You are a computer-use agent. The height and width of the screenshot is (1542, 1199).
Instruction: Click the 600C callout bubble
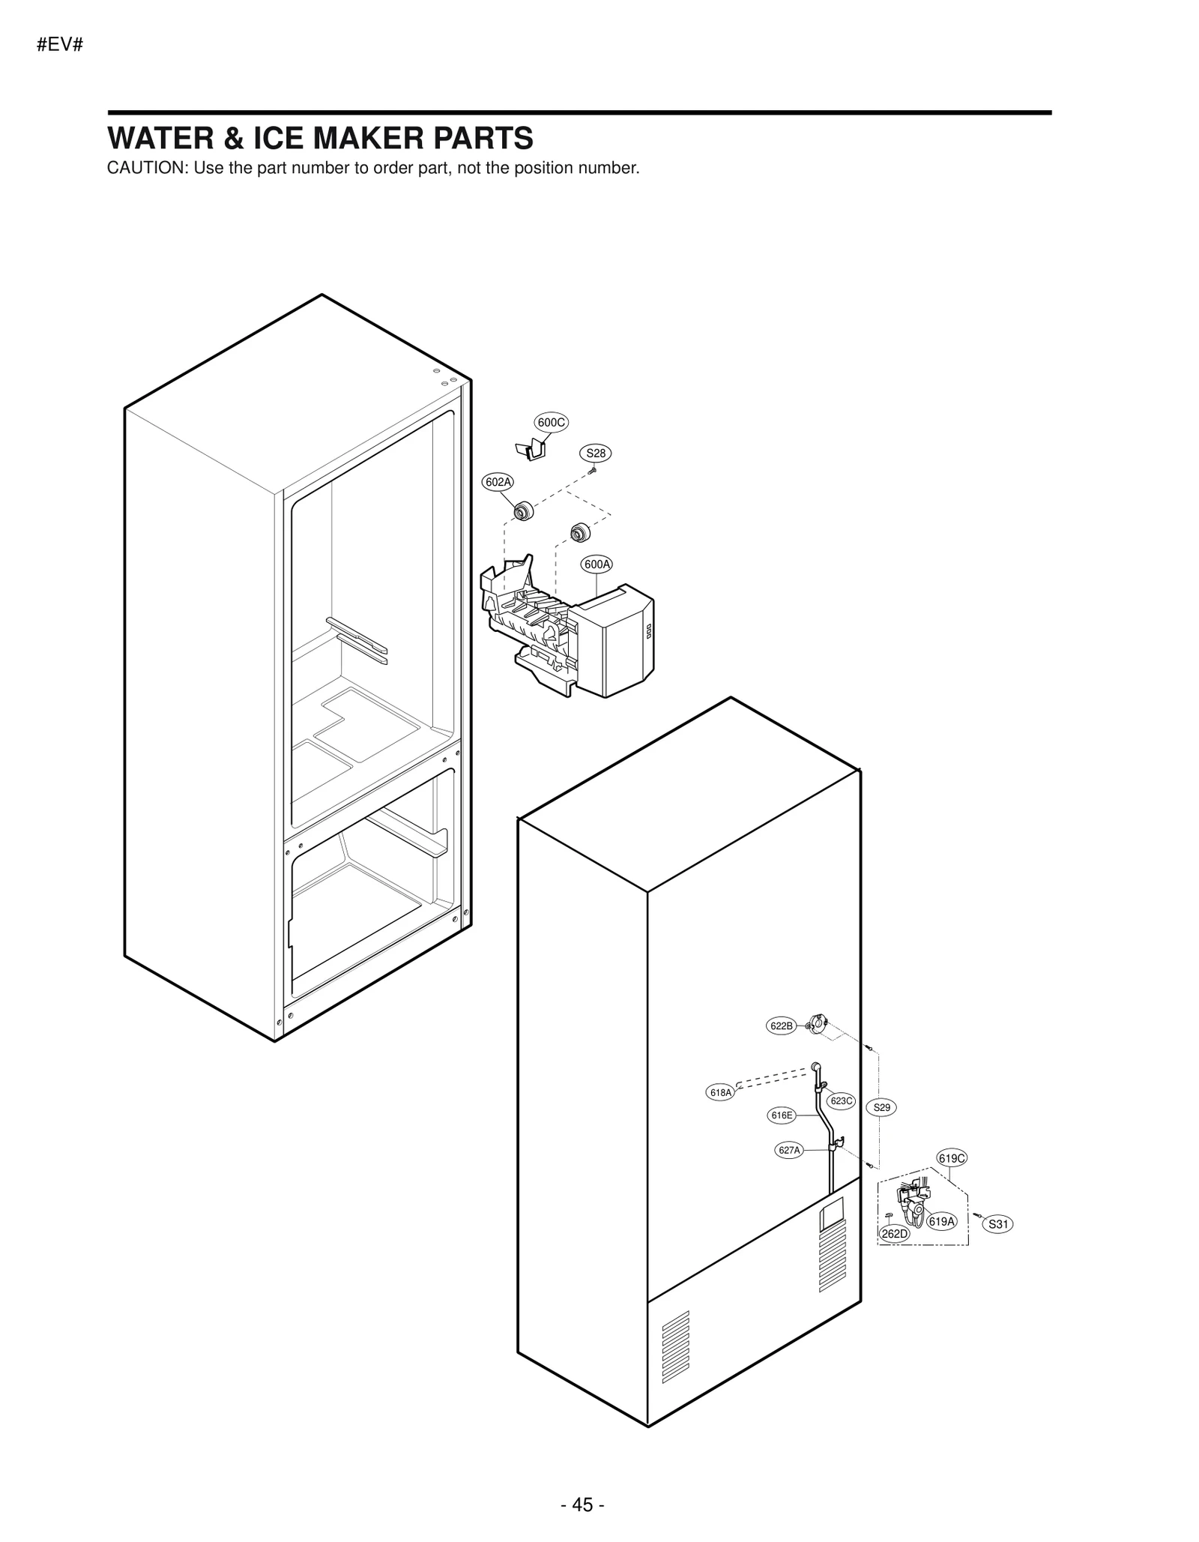551,422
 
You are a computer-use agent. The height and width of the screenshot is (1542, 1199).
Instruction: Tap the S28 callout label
596,453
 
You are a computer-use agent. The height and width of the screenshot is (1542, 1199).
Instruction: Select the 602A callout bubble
498,482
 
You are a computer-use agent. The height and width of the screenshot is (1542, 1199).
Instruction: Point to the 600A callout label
597,564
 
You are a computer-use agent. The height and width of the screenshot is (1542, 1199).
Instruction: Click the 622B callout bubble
781,1026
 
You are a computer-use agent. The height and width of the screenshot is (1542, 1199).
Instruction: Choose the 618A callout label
720,1093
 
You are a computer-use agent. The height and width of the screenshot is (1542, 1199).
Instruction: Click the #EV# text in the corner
58,44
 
